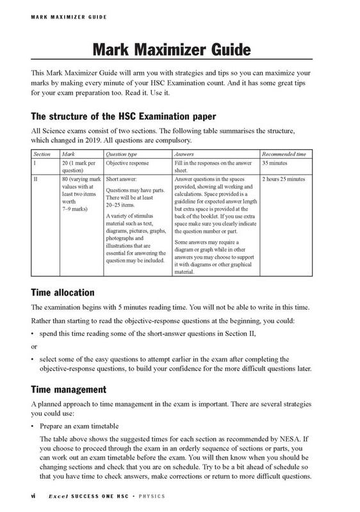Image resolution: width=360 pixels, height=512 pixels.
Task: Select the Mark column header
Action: click(x=67, y=155)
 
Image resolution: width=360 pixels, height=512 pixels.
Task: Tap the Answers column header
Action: click(x=185, y=155)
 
